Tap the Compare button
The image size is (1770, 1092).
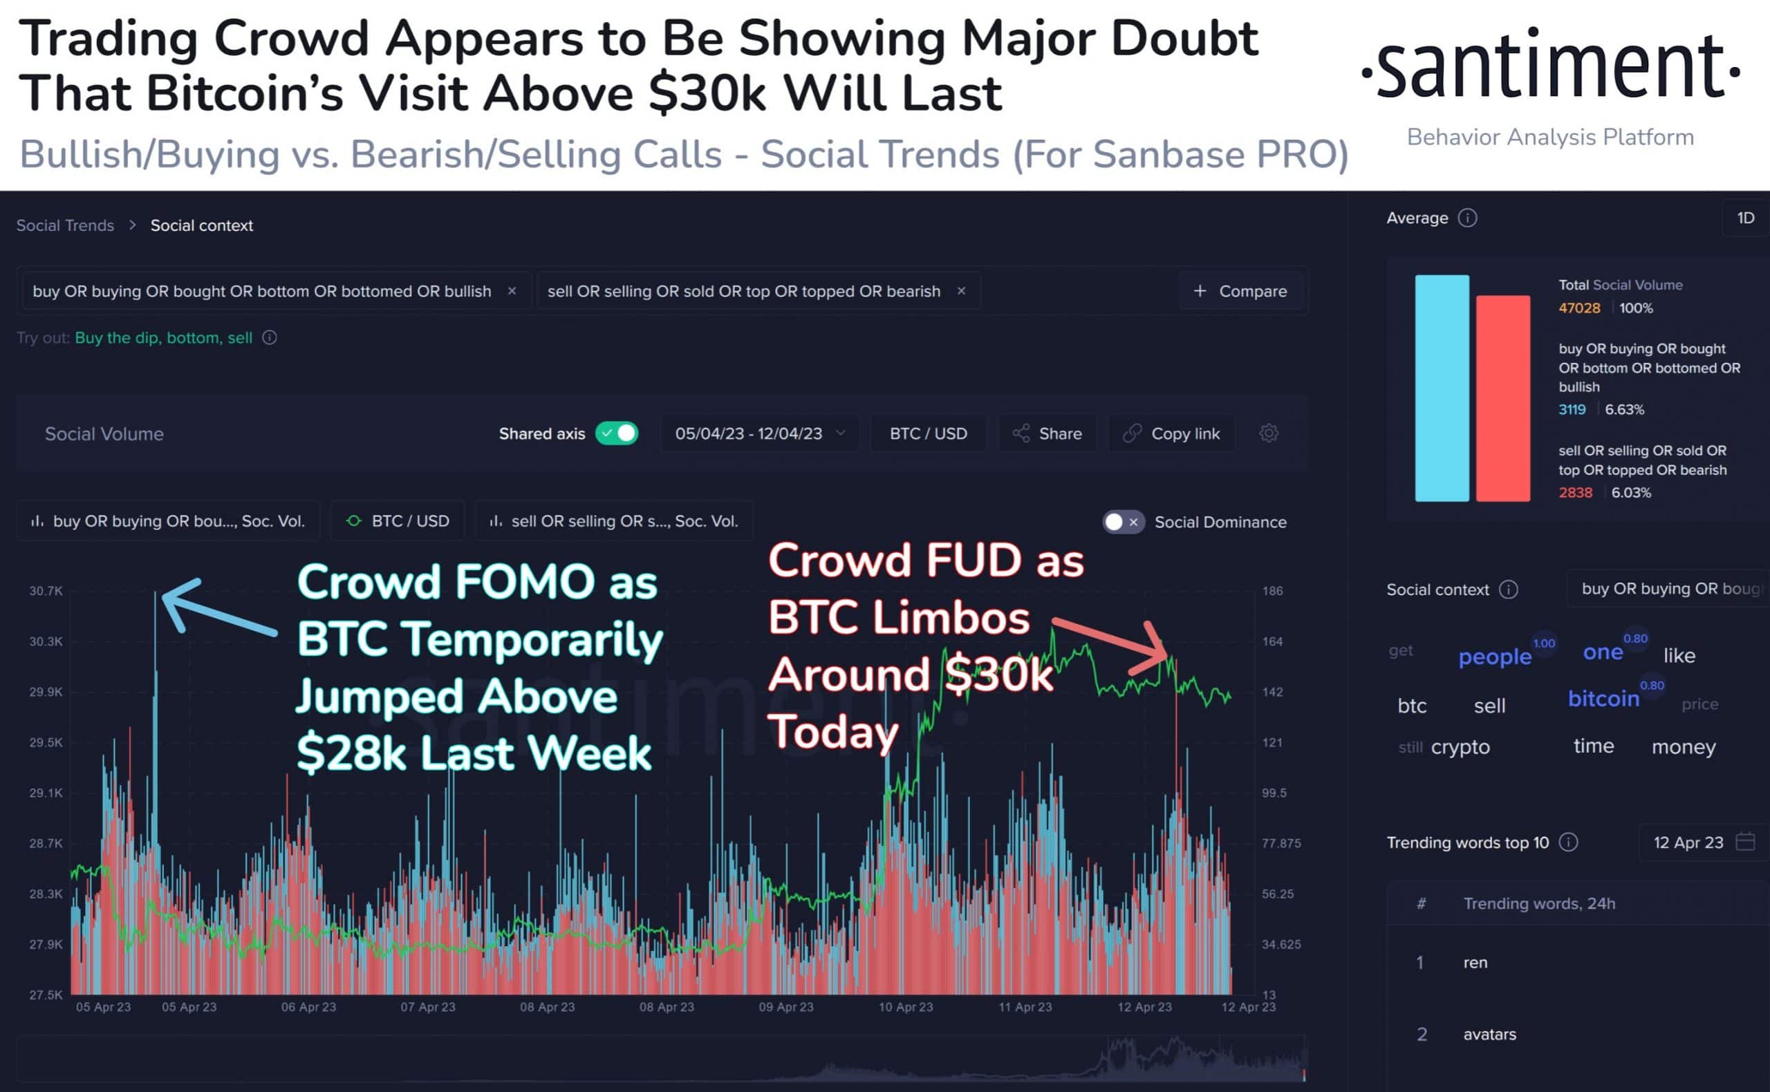click(1240, 291)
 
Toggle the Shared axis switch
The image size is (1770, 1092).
click(616, 433)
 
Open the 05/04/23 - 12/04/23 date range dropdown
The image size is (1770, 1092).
click(759, 433)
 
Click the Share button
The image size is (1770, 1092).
click(1047, 433)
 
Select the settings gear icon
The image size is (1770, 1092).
click(1269, 433)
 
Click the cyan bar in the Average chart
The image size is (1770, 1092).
click(1442, 388)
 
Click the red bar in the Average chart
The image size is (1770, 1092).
click(1502, 398)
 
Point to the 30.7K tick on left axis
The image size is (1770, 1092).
click(46, 591)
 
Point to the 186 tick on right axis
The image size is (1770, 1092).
click(1272, 591)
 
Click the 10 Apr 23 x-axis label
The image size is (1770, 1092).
click(905, 1007)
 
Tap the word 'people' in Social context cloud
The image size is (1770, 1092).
click(1494, 657)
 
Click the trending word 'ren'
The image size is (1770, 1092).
click(1475, 963)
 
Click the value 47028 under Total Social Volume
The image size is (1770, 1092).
click(1579, 308)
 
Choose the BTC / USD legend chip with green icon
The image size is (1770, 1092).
click(398, 520)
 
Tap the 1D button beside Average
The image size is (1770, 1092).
click(1745, 218)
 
